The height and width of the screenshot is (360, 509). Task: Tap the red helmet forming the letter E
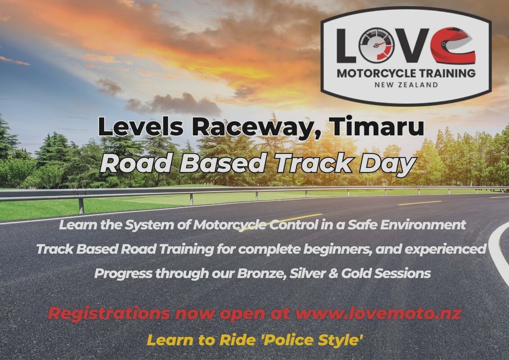click(453, 45)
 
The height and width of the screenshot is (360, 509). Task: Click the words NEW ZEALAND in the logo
click(406, 85)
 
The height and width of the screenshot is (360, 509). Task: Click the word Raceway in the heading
click(256, 127)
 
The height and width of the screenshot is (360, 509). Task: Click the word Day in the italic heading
click(385, 164)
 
